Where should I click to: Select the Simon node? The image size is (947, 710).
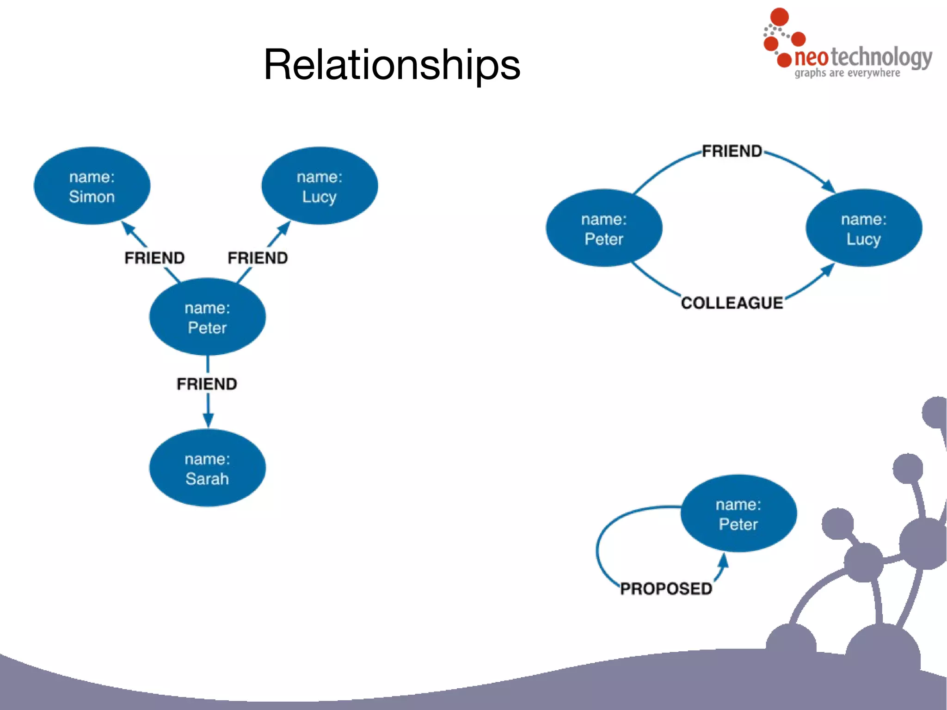tap(92, 186)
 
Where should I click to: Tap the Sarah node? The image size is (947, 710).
tap(207, 468)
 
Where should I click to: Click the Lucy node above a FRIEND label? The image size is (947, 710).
tap(320, 186)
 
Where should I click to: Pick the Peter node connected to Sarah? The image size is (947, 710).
tap(207, 317)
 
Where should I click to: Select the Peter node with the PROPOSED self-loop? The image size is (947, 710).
tap(738, 513)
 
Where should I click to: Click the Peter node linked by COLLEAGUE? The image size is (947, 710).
tap(604, 228)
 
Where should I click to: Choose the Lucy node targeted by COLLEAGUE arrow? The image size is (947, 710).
tap(863, 228)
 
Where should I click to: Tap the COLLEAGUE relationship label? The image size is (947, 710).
tap(732, 303)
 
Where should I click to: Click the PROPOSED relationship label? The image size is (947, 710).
tap(666, 588)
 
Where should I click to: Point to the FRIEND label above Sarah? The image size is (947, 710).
tap(207, 383)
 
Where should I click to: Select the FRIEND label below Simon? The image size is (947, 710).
tap(154, 258)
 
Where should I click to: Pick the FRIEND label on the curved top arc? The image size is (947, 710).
tap(732, 151)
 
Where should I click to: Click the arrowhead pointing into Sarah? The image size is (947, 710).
tap(208, 420)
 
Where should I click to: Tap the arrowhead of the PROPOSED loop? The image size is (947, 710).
tap(724, 560)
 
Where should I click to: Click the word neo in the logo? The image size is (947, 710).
tap(812, 57)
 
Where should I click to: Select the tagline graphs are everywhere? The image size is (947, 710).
tap(847, 73)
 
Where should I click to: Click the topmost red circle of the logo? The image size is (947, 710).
tap(779, 17)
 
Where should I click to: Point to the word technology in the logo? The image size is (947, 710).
tap(881, 57)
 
